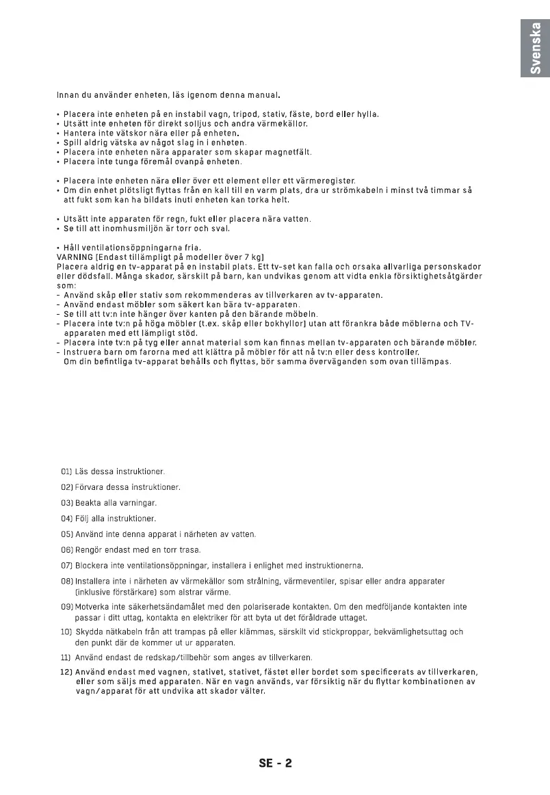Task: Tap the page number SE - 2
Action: tap(275, 764)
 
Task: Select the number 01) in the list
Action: tap(66, 471)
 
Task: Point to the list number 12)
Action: tap(66, 671)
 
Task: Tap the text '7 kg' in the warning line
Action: tap(250, 257)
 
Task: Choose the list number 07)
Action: tap(66, 566)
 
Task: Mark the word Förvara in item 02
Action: tap(89, 487)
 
